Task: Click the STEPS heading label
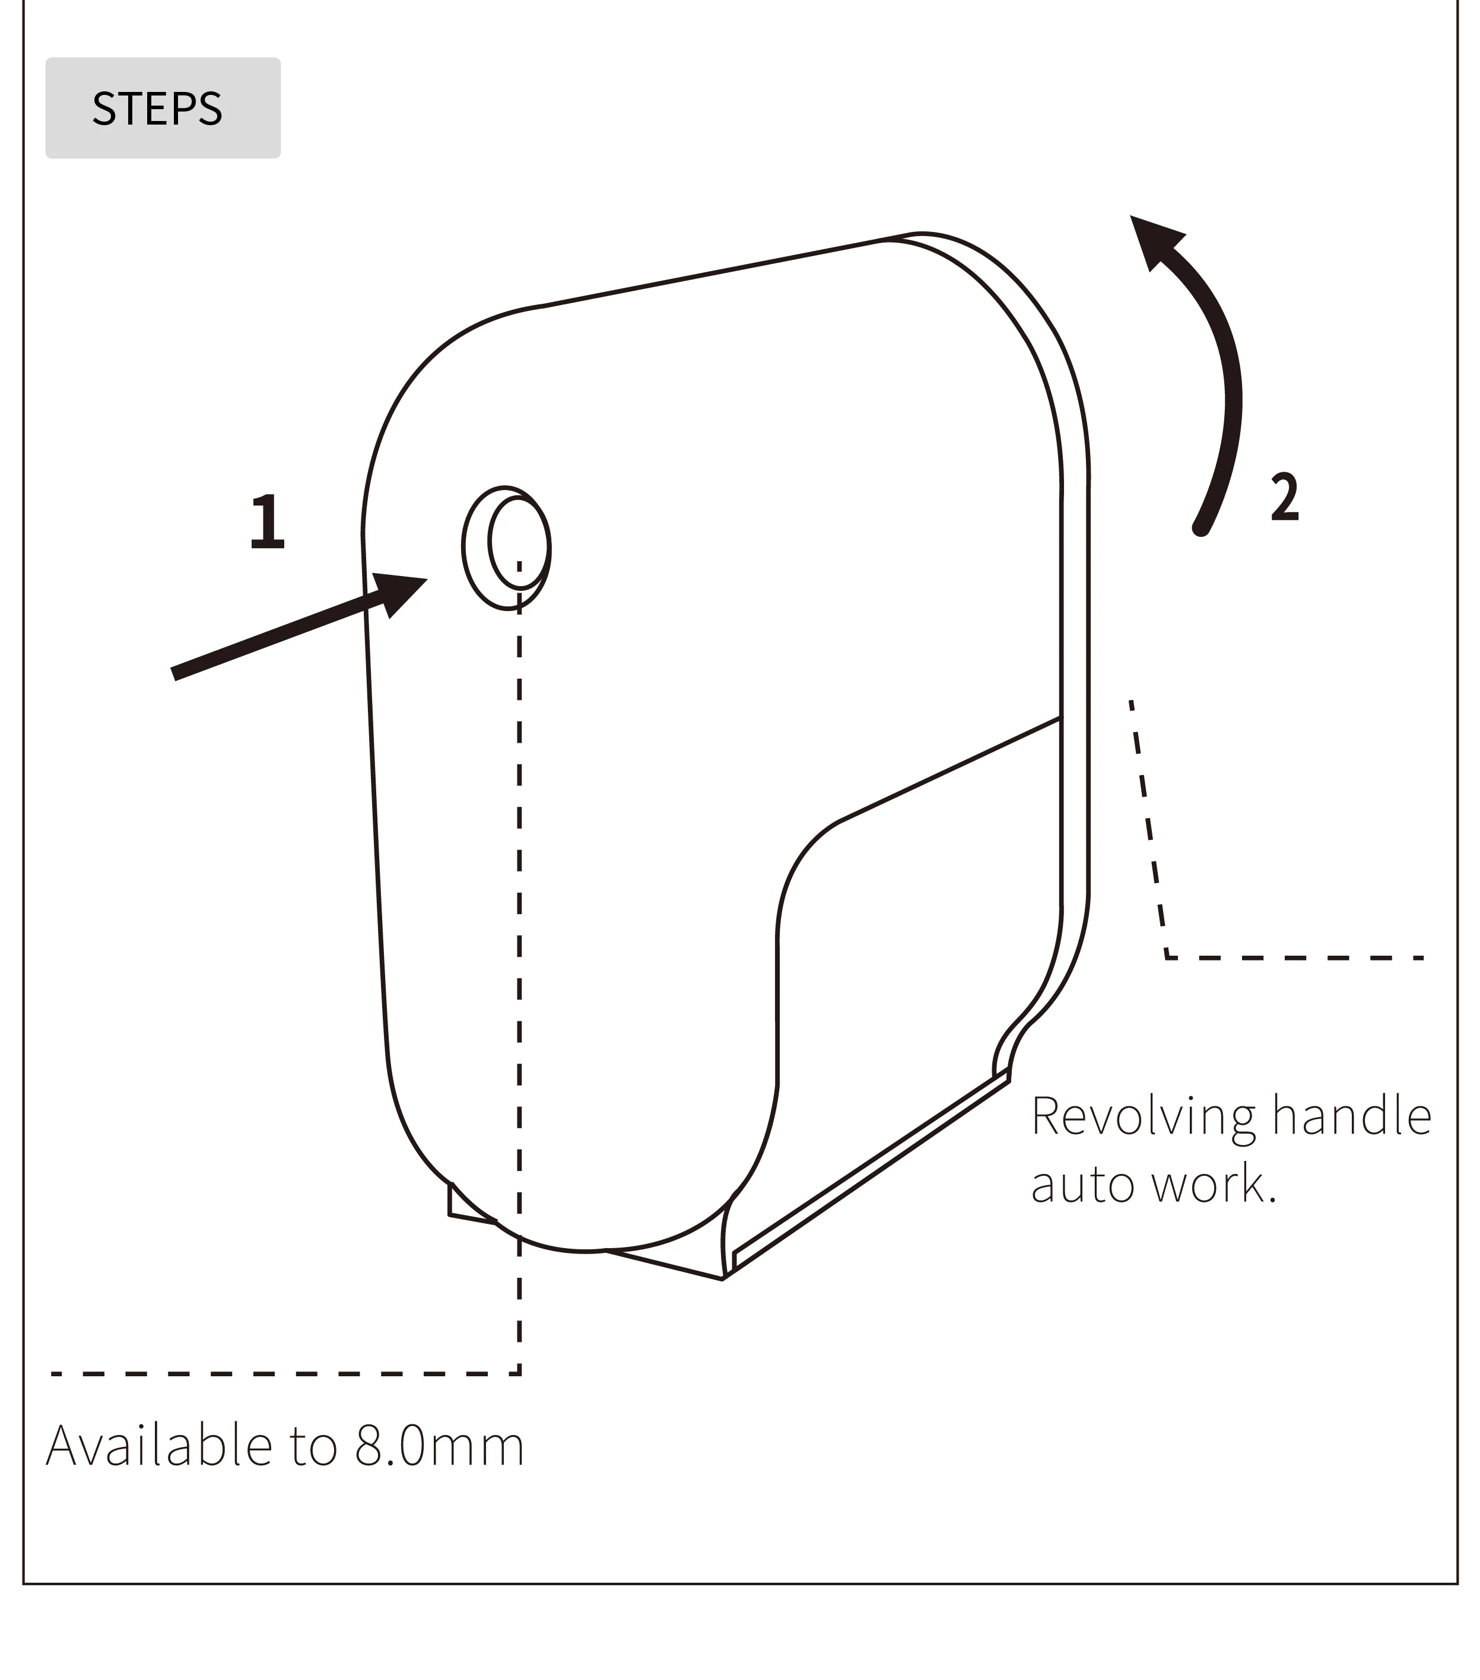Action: tap(157, 109)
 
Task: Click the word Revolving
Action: tap(1143, 1118)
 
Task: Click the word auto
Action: tap(1083, 1185)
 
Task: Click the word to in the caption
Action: tap(313, 1447)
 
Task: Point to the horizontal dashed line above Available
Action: tap(280, 1373)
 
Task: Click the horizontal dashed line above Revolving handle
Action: tap(1295, 957)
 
